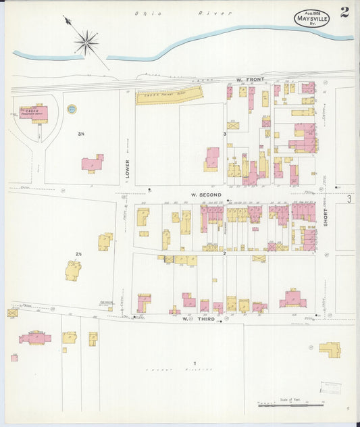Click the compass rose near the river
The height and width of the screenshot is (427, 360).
point(86,44)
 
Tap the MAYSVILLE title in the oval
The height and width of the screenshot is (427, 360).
point(312,19)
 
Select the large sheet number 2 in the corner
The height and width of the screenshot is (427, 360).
point(344,12)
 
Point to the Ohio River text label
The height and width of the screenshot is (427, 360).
point(182,13)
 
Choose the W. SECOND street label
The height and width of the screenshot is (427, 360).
point(206,195)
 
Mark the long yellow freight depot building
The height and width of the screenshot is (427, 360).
point(169,97)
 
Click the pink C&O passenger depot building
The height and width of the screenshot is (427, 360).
point(34,114)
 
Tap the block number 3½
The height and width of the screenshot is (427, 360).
point(80,134)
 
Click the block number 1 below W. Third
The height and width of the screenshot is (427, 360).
point(185,363)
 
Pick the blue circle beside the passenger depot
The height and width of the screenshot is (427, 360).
point(72,108)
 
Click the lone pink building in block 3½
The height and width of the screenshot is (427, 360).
point(93,163)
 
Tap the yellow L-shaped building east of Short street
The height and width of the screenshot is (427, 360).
point(329,349)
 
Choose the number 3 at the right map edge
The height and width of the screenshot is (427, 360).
point(349,199)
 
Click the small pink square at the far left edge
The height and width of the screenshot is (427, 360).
point(14,357)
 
